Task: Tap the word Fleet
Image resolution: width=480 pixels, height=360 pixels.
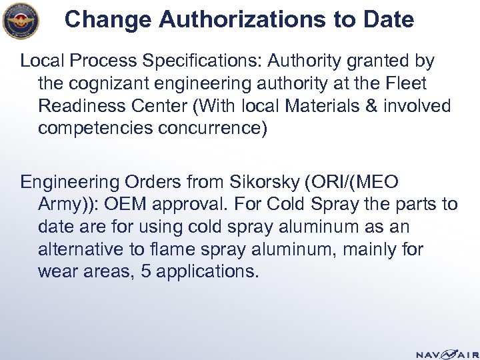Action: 409,84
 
